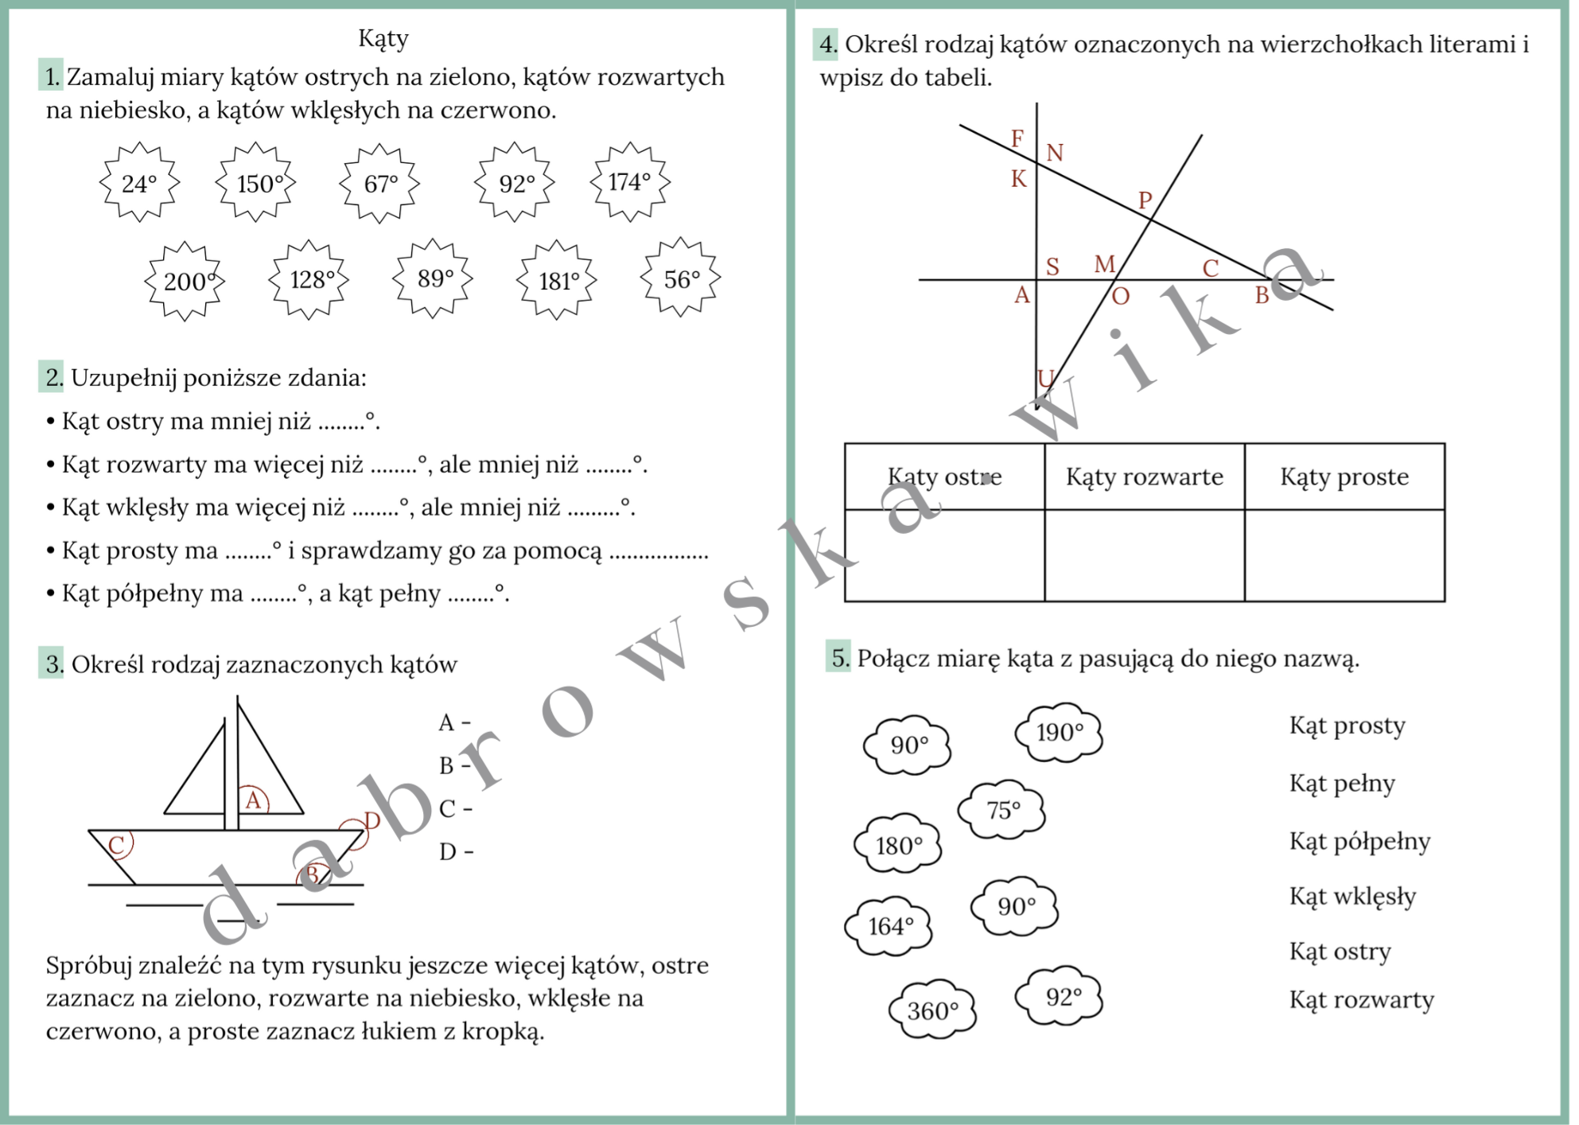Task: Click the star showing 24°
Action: point(139,183)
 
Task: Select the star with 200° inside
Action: point(185,281)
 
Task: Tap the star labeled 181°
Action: point(556,280)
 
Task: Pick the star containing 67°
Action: point(379,183)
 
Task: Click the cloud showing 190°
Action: point(1059,732)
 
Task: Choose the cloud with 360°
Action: point(931,1010)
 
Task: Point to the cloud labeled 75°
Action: point(1001,810)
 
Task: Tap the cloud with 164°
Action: point(889,925)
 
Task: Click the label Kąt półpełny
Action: point(1359,841)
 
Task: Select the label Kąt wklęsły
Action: point(1352,897)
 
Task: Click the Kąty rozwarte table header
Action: point(1144,477)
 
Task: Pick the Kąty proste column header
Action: point(1344,477)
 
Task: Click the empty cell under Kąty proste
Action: point(1344,555)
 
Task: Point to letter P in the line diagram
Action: point(1145,200)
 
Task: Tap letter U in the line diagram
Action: point(1045,378)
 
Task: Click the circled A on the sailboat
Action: point(253,800)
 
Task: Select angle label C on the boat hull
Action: point(117,845)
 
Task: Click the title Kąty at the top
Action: point(383,38)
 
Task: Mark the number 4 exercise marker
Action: point(826,45)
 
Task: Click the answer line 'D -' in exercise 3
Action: point(456,852)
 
